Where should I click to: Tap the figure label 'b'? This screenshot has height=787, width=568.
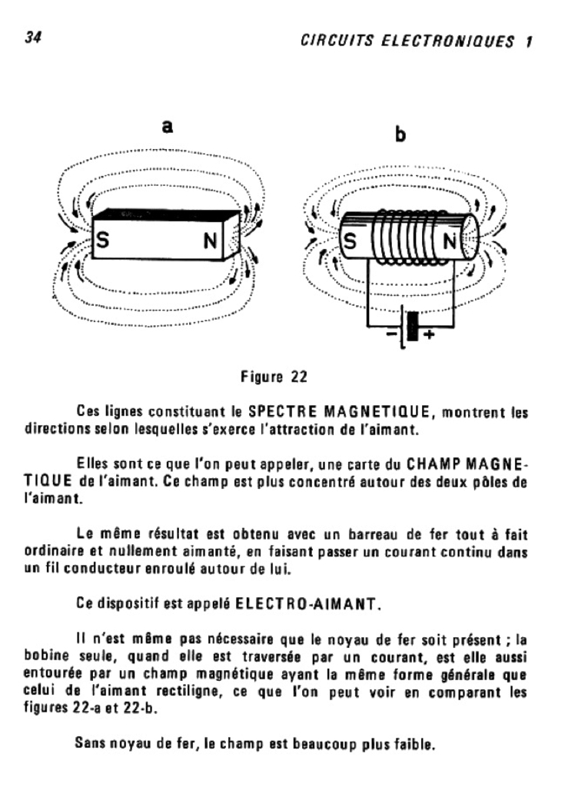click(400, 136)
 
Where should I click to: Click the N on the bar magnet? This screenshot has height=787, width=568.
click(210, 241)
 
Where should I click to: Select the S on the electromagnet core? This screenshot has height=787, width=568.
click(350, 243)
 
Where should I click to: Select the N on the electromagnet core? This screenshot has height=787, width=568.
click(450, 244)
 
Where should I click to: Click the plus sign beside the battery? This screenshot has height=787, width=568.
click(429, 336)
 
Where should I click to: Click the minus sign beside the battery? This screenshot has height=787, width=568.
click(391, 336)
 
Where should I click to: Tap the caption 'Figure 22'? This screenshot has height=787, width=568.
click(274, 377)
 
